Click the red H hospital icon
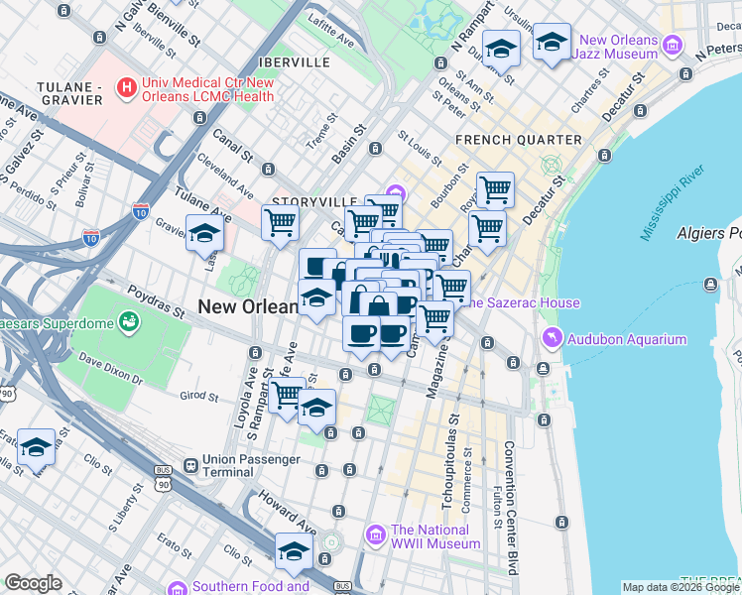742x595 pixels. (127, 88)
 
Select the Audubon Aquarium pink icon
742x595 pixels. (552, 339)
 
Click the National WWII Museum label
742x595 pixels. (435, 536)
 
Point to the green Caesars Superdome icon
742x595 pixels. (128, 321)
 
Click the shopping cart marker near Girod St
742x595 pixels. (286, 394)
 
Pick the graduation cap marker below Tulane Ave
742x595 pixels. (204, 234)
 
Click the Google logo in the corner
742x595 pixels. (33, 583)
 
